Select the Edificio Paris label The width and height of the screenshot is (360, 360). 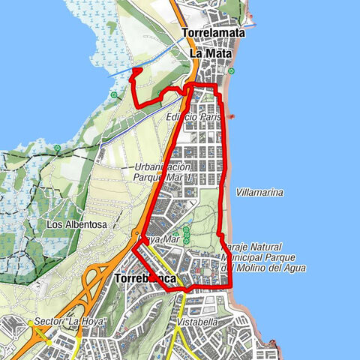pyautogui.click(x=193, y=118)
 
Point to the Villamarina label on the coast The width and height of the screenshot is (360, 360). pyautogui.click(x=259, y=193)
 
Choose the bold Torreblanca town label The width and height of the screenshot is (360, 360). pyautogui.click(x=147, y=279)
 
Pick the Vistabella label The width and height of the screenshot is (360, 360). pyautogui.click(x=199, y=321)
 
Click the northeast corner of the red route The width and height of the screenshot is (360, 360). pyautogui.click(x=217, y=87)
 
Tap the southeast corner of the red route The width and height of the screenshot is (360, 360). pyautogui.click(x=229, y=286)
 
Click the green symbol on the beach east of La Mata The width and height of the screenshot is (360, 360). pyautogui.click(x=232, y=72)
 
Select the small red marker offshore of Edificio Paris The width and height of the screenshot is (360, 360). pyautogui.click(x=232, y=116)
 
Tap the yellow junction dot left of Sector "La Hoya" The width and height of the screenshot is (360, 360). pyautogui.click(x=31, y=323)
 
